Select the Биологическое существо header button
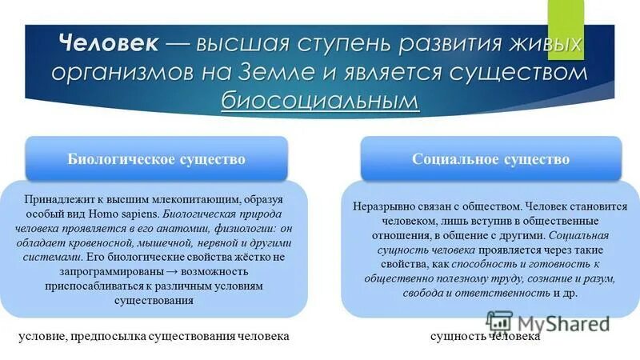(x=156, y=159)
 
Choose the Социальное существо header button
(x=490, y=159)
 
